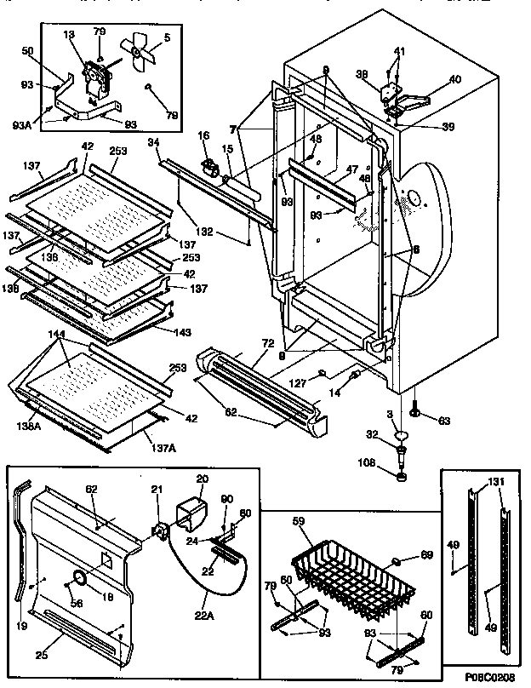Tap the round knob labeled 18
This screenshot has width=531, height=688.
point(80,580)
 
